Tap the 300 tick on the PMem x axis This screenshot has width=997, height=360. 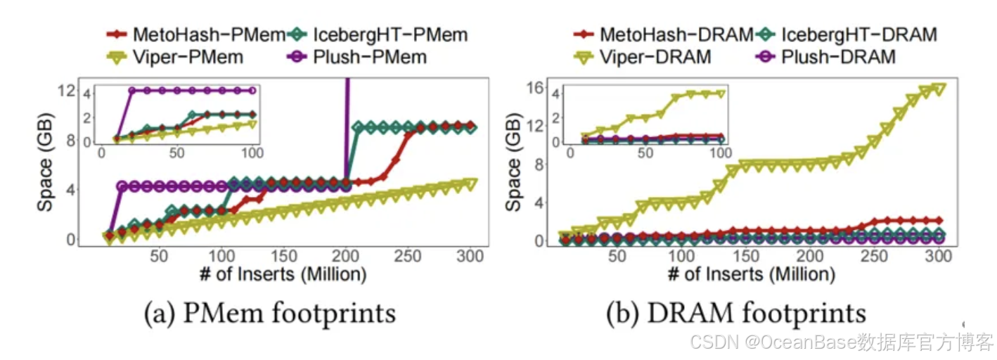(469, 257)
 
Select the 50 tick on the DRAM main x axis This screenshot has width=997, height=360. (617, 257)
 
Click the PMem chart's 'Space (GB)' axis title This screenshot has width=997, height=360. (48, 165)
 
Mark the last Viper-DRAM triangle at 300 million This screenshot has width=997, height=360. (938, 89)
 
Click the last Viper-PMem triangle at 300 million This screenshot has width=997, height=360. (470, 184)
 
